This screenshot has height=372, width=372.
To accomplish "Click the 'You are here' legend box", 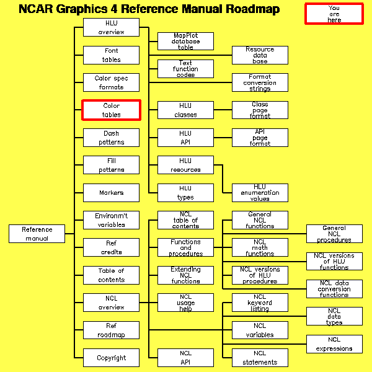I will (x=334, y=14).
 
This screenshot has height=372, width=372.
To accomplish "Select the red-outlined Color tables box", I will (x=112, y=110).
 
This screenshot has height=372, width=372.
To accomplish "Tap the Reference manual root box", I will (x=37, y=234).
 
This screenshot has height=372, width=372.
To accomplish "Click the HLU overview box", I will (x=112, y=27).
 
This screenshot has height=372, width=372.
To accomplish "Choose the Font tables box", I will (x=112, y=55).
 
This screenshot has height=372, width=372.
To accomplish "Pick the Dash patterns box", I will (x=112, y=138).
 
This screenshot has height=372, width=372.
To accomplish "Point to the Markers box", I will (x=112, y=193).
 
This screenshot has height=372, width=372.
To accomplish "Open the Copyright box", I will (x=112, y=358).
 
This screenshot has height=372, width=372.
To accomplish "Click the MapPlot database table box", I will (x=185, y=42).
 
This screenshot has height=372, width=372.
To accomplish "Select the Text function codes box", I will (x=185, y=69).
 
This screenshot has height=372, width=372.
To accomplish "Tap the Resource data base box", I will (x=260, y=55).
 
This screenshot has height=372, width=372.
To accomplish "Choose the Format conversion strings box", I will (x=260, y=82).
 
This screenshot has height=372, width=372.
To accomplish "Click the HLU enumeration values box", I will (x=260, y=193).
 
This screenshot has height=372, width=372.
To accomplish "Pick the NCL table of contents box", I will (x=185, y=220).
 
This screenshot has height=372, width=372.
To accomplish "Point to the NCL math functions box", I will (x=260, y=247).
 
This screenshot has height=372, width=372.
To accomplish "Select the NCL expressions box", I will (x=334, y=344).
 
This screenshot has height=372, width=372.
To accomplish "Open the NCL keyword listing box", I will (x=260, y=303).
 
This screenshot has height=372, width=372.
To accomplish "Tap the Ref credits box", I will (x=112, y=247).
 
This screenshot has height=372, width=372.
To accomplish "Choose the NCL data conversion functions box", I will (x=334, y=289).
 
